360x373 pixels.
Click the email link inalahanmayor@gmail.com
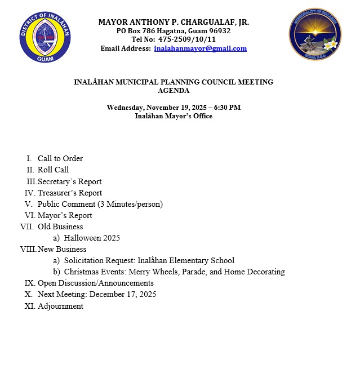pos(200,48)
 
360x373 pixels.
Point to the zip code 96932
pos(219,31)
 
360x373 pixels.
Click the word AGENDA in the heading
pos(174,90)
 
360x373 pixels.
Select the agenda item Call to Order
pos(60,159)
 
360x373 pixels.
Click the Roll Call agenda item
pos(53,170)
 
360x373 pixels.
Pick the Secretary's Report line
pos(69,181)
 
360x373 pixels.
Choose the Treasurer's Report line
pos(70,193)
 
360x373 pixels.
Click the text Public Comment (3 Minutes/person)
pos(100,204)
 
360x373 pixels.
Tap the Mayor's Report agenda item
pos(65,215)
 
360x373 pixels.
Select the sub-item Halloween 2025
pos(92,238)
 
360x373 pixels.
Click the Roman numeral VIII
pos(28,249)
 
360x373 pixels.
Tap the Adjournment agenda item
pos(60,306)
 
